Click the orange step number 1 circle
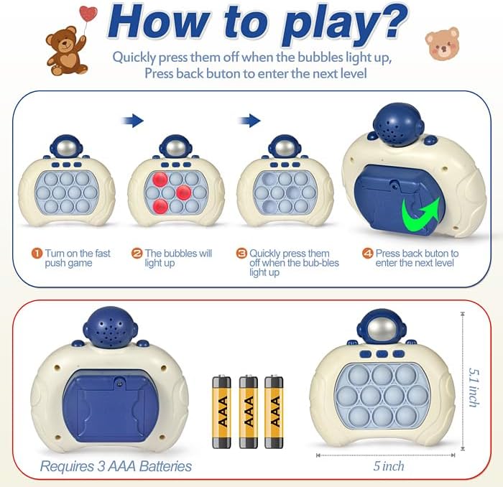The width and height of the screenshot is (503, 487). pyautogui.click(x=37, y=254)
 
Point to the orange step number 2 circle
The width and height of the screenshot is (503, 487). pyautogui.click(x=137, y=254)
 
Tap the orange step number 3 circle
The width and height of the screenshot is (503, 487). pyautogui.click(x=242, y=254)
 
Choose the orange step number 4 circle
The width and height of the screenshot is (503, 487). pyautogui.click(x=368, y=254)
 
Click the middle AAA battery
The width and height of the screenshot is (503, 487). pyautogui.click(x=248, y=402)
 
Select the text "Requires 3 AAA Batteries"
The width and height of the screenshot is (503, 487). pyautogui.click(x=116, y=466)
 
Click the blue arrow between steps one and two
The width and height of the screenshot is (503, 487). pyautogui.click(x=134, y=121)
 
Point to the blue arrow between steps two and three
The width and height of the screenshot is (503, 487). pyautogui.click(x=249, y=121)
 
